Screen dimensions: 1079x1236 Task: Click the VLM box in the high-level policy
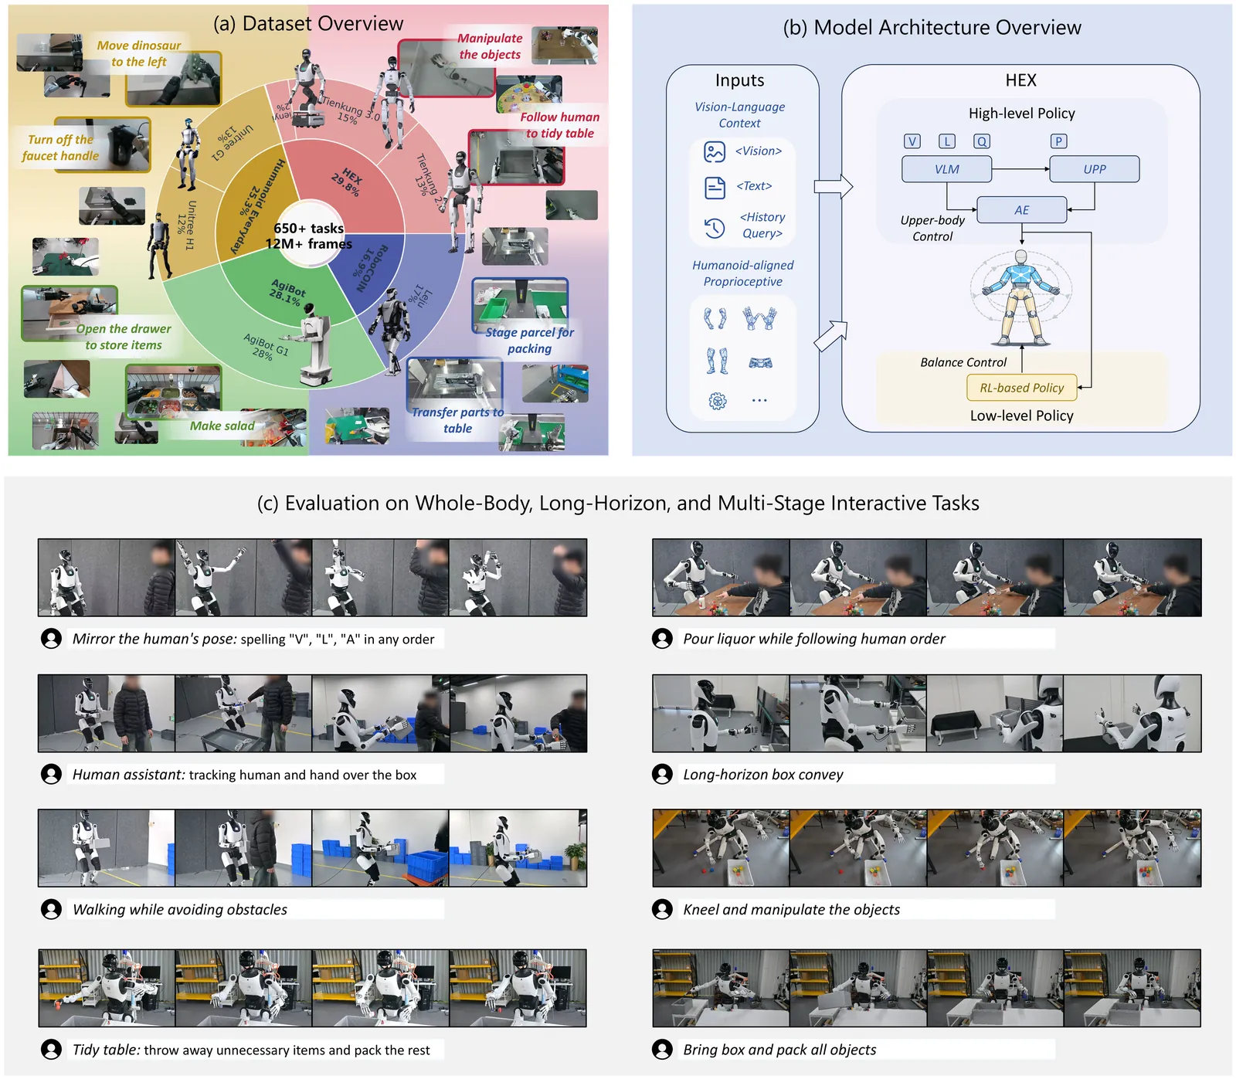coord(946,169)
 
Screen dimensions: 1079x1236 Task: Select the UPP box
coord(1094,169)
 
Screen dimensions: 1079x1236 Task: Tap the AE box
coord(1021,210)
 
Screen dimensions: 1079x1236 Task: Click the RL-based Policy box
coord(1021,388)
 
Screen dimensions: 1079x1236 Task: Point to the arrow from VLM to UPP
coord(1020,169)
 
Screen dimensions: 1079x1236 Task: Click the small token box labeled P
coord(1058,141)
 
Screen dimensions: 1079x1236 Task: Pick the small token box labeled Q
coord(981,141)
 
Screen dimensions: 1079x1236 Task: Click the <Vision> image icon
coord(715,151)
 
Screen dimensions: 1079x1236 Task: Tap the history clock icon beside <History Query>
coord(715,227)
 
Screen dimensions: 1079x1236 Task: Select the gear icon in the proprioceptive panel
coord(718,401)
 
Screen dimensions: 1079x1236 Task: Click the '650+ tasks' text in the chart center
coord(308,229)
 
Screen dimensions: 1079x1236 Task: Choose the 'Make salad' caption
coord(222,426)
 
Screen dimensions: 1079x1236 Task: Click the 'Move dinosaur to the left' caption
coord(139,53)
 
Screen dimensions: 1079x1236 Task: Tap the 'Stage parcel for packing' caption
coord(529,341)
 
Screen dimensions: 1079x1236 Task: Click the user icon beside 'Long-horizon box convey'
coord(662,774)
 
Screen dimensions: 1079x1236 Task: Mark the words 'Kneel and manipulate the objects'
coord(791,910)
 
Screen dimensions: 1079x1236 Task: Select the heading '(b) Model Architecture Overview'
coord(932,28)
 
